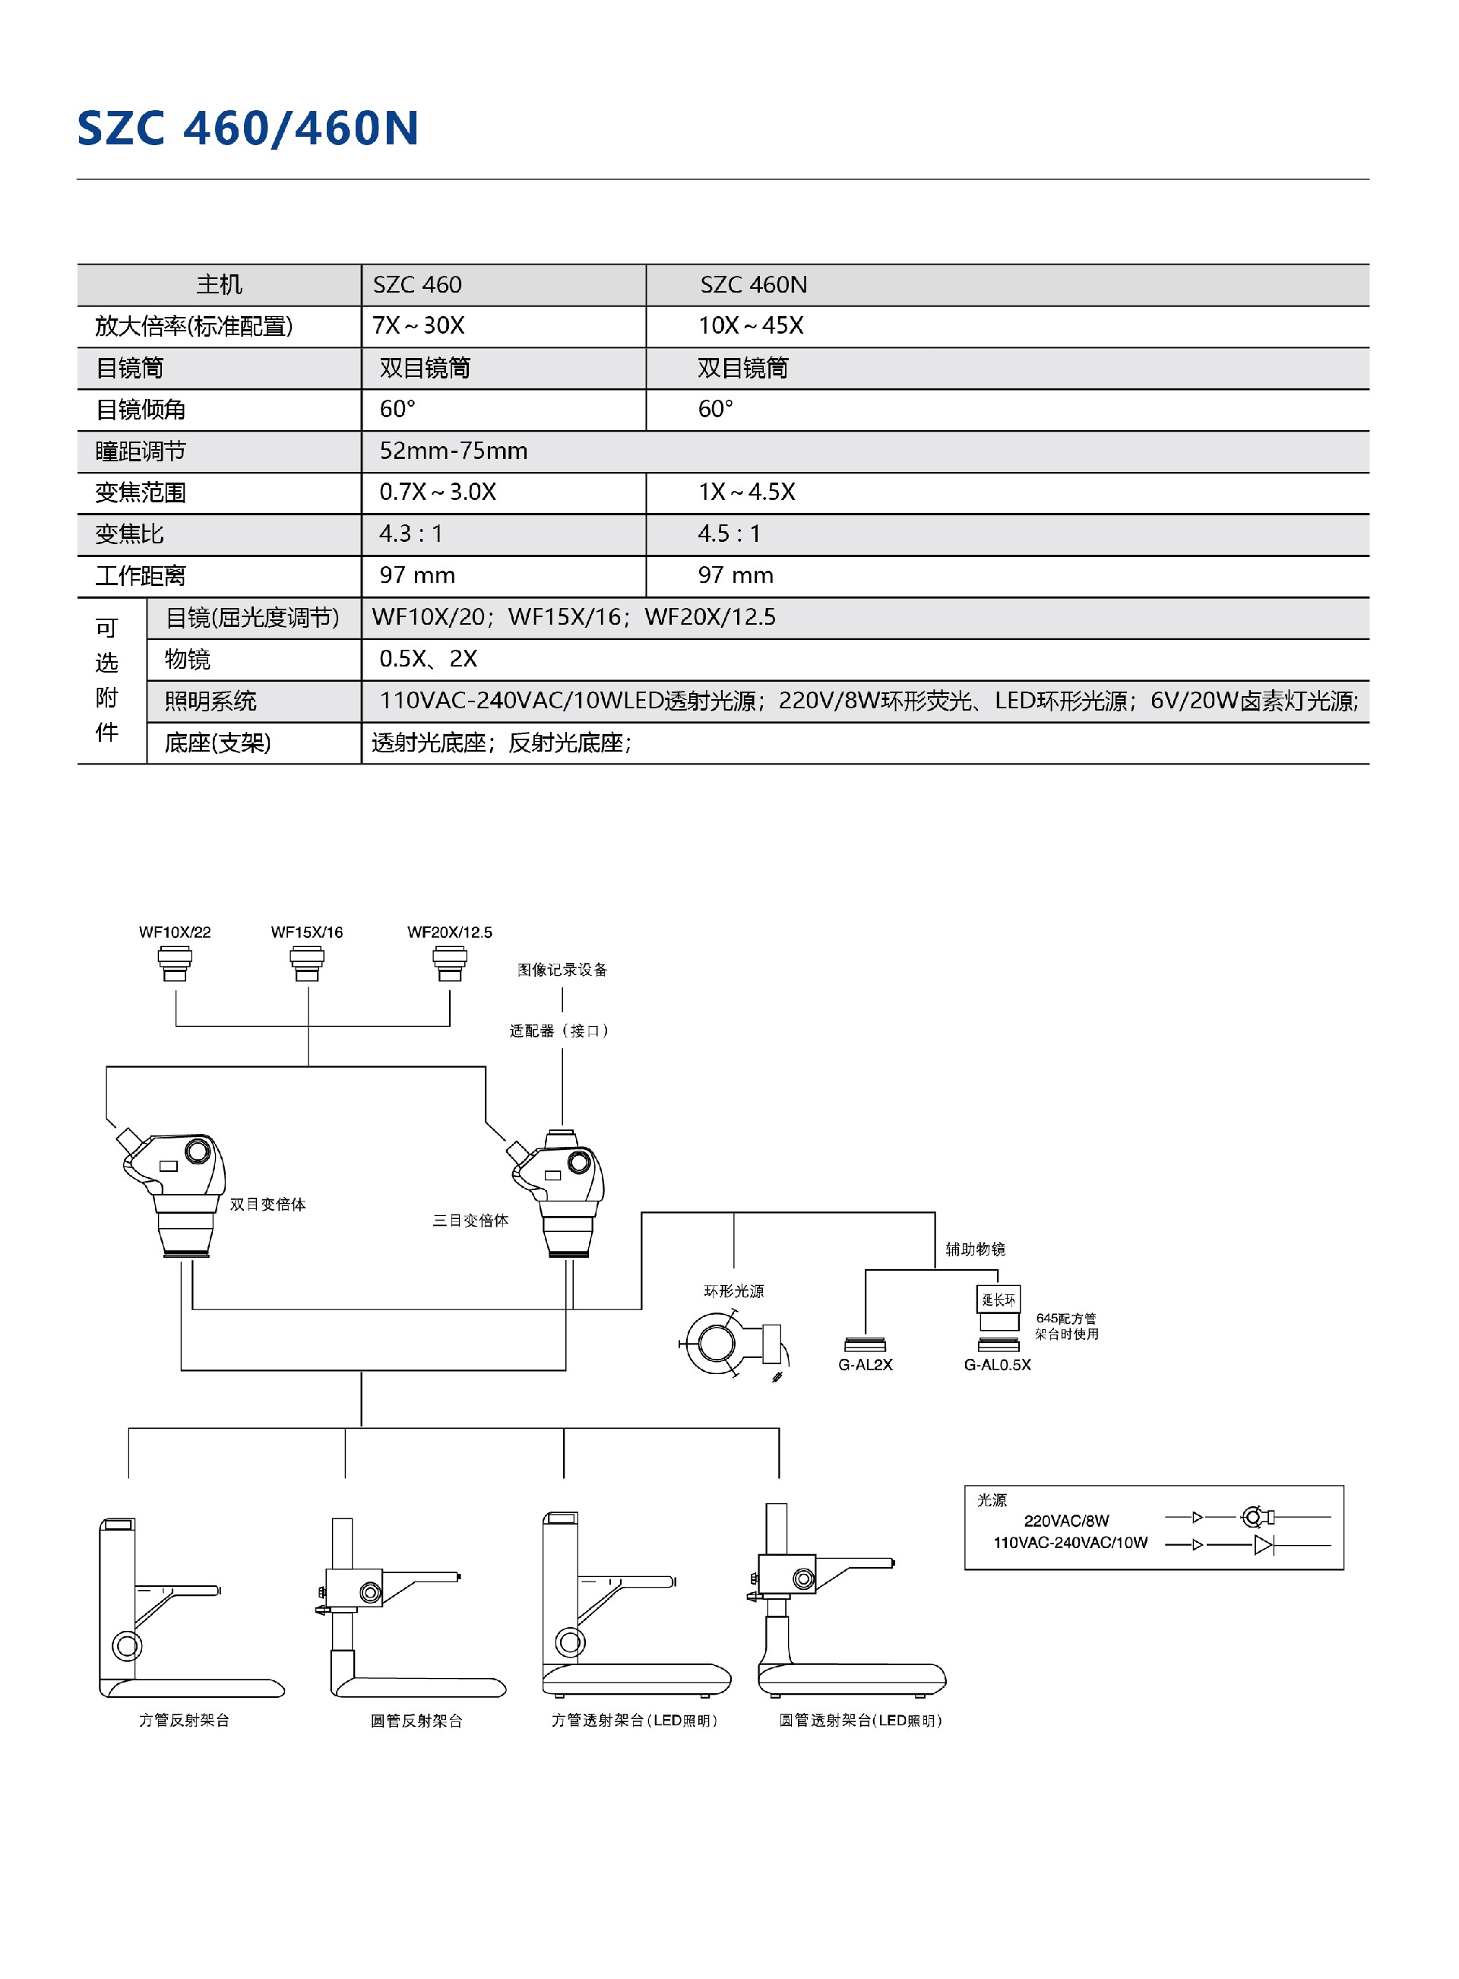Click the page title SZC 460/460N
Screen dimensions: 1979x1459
[x=248, y=129]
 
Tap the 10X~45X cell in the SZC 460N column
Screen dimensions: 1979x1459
[x=751, y=326]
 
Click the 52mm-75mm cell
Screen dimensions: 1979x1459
[x=454, y=451]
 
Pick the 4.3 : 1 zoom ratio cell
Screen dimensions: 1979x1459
[x=410, y=534]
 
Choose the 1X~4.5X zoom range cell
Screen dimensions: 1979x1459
[x=747, y=492]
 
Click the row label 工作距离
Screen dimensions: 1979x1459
[x=141, y=576]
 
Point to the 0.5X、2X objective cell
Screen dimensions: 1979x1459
[x=429, y=659]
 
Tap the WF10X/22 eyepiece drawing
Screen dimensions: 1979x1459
[x=175, y=963]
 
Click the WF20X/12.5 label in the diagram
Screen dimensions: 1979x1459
[x=450, y=932]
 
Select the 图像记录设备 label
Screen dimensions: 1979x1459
[x=562, y=970]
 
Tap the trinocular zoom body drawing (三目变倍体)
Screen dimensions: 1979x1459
[x=562, y=1192]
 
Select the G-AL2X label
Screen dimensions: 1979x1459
[x=866, y=1364]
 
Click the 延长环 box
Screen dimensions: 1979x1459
[x=999, y=1300]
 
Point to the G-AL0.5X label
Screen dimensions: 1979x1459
[x=997, y=1364]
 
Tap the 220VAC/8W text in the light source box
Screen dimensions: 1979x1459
[x=1066, y=1521]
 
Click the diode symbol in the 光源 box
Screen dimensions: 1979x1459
[x=1263, y=1545]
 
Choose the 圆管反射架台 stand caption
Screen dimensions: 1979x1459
[x=417, y=1721]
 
